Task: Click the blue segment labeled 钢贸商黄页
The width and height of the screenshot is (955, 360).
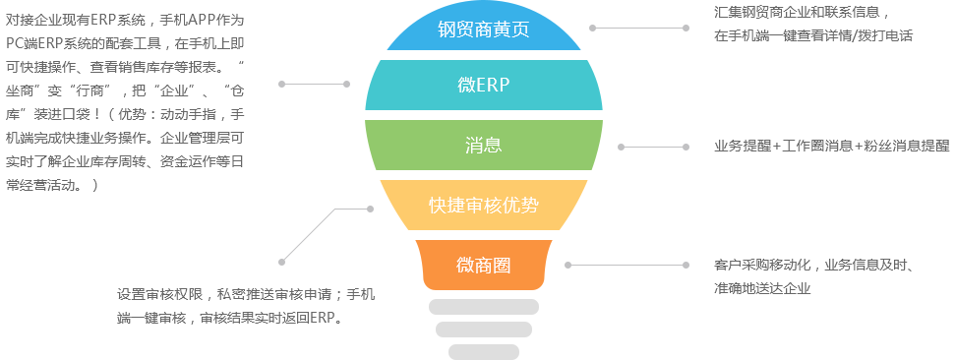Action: pos(484,30)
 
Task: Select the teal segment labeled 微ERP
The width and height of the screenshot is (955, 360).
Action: pos(484,86)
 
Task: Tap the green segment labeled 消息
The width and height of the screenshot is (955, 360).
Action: pos(484,145)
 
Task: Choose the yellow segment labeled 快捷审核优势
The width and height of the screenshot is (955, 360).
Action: pos(484,205)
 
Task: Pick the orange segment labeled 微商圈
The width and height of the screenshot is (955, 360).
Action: pos(484,265)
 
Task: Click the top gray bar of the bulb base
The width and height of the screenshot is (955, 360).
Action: pos(484,307)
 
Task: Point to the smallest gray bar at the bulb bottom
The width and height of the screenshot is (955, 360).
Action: pos(484,352)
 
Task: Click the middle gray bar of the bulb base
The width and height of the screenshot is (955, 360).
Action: pos(484,330)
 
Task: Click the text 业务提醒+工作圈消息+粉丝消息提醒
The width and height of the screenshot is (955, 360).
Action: pos(831,147)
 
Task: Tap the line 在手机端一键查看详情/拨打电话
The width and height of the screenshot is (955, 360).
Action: pos(813,36)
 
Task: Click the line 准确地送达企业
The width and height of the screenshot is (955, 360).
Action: pos(762,288)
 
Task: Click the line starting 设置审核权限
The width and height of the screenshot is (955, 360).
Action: pos(246,295)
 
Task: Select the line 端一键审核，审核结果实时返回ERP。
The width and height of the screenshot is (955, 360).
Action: pos(228,318)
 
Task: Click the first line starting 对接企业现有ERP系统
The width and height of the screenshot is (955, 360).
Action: pos(125,20)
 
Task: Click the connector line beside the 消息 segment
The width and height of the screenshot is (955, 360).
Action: pos(653,147)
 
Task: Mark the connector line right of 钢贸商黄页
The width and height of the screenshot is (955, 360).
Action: pos(639,28)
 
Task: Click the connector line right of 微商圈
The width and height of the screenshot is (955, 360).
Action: pos(627,265)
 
